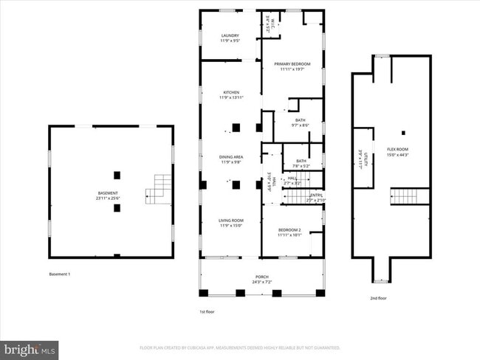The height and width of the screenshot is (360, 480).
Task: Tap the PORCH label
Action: (262, 280)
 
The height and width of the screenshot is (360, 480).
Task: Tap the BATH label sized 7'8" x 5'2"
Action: (301, 163)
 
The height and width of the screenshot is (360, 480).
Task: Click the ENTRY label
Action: (316, 197)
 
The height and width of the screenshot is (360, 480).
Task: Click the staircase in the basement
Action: (157, 190)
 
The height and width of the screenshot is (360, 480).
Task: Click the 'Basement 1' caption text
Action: (60, 274)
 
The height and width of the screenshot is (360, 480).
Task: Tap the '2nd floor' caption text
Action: (378, 299)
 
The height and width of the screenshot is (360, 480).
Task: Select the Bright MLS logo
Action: (30, 348)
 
